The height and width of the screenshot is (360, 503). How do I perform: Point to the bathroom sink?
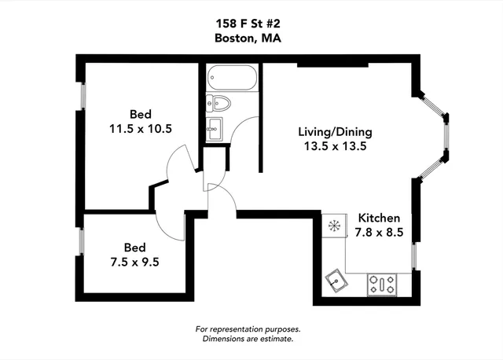[215, 128]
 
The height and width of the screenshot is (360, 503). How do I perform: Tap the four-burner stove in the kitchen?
[384, 284]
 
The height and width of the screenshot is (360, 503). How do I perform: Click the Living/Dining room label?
[335, 131]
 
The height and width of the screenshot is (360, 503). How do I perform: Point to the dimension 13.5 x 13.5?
[335, 145]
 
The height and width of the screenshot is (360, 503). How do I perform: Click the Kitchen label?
[380, 218]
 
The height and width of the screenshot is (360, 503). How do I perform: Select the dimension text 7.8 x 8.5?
[380, 232]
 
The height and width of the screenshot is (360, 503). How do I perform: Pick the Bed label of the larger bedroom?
[141, 112]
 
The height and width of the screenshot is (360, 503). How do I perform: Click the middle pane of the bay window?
[446, 137]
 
